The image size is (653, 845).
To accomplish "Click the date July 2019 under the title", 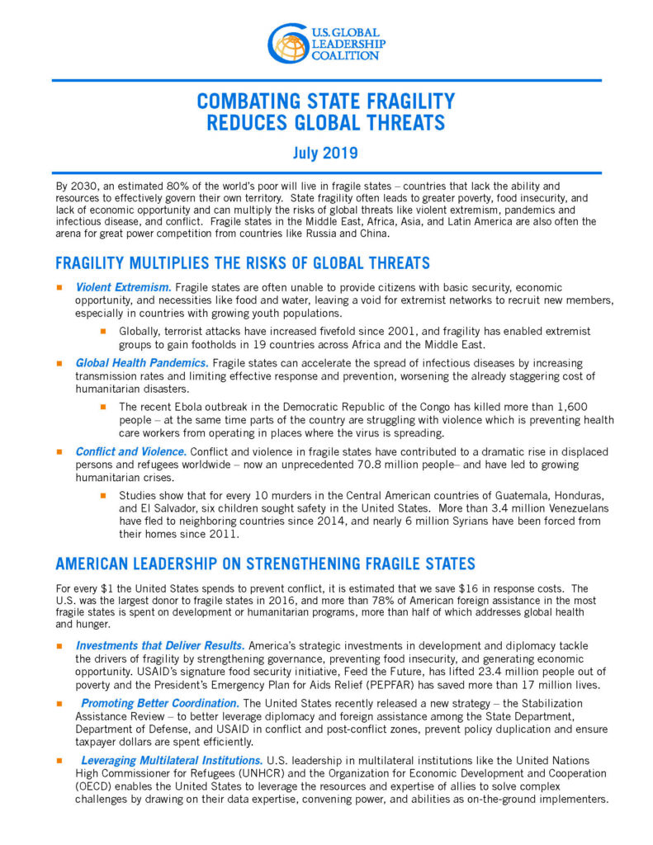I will point(326,153).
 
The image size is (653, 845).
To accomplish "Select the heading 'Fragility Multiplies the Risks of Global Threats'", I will point(242,263).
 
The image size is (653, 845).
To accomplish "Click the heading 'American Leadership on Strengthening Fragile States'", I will point(265,564).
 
